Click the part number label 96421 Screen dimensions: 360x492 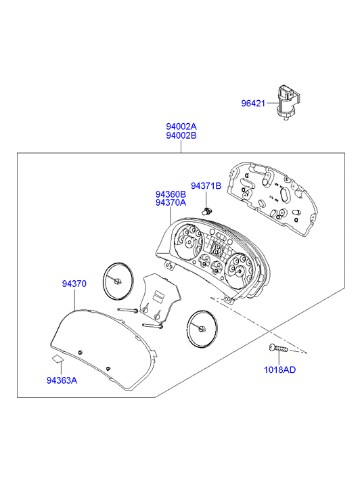point(253,104)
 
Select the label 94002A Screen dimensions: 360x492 point(181,127)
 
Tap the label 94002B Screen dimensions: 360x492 point(181,135)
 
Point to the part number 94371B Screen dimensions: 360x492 point(206,185)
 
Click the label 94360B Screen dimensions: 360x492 point(171,194)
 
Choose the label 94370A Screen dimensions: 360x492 point(171,203)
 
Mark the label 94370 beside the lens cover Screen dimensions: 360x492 point(74,284)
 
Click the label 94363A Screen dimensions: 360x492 point(62,380)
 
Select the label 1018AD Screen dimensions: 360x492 point(279,370)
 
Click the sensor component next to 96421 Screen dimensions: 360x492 point(287,102)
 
